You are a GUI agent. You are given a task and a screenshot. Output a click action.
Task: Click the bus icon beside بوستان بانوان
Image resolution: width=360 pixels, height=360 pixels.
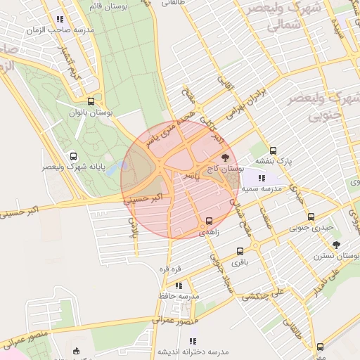click(91, 101)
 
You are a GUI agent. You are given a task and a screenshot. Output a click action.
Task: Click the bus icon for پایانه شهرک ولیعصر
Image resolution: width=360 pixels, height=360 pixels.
click(73, 156)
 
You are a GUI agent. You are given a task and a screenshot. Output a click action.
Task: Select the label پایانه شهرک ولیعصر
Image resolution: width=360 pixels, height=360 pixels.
click(73, 167)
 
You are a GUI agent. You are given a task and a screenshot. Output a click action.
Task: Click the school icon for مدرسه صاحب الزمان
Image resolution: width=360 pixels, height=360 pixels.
click(60, 20)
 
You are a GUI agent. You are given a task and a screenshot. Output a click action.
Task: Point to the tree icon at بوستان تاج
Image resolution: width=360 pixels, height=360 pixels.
click(225, 157)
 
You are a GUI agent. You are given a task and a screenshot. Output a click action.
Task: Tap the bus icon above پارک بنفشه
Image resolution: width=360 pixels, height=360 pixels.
click(273, 150)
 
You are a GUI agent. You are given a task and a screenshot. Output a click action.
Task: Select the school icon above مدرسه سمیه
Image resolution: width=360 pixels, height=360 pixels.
click(262, 178)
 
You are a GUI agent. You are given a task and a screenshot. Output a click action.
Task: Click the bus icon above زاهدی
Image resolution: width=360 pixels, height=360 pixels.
click(209, 221)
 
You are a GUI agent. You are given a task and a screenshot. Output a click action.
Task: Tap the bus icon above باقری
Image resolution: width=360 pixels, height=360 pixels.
click(240, 251)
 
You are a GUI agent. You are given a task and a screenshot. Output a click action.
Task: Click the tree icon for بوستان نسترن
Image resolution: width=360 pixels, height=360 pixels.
click(336, 245)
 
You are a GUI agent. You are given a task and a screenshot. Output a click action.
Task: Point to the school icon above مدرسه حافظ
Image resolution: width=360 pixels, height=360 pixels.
click(179, 285)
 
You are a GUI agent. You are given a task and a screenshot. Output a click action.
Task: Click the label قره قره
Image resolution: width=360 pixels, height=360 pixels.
click(169, 269)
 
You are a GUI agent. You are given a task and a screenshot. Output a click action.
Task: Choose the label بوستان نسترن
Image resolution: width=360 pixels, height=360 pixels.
click(336, 256)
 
